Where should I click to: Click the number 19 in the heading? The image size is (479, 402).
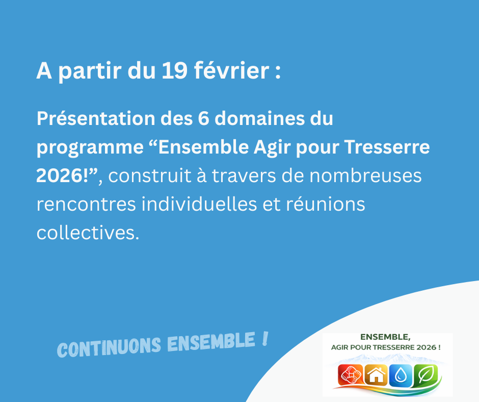click(x=174, y=71)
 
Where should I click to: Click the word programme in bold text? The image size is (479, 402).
click(x=90, y=148)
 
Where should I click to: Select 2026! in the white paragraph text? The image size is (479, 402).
click(x=65, y=176)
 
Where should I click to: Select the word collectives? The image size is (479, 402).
click(x=87, y=233)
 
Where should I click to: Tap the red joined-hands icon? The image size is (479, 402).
click(x=350, y=375)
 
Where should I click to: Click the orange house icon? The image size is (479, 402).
click(x=376, y=375)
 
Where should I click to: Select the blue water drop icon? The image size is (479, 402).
click(x=401, y=375)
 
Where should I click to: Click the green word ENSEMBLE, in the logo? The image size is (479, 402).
click(x=385, y=337)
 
